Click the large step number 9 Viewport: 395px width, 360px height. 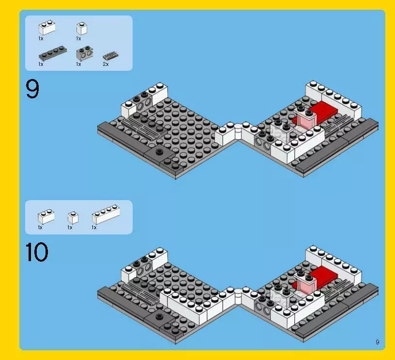pyautogui.click(x=32, y=90)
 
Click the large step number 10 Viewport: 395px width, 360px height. pyautogui.click(x=37, y=252)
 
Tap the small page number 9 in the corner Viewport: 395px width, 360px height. pyautogui.click(x=377, y=342)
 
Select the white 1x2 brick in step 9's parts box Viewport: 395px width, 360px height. pyautogui.click(x=47, y=27)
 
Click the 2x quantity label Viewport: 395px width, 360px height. pyautogui.click(x=106, y=64)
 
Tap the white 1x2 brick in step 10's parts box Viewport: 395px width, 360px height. pyautogui.click(x=46, y=215)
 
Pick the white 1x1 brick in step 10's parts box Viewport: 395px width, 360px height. pyautogui.click(x=73, y=217)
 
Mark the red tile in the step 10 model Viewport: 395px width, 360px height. pyautogui.click(x=321, y=276)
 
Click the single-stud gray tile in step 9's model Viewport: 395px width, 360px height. pyautogui.click(x=159, y=153)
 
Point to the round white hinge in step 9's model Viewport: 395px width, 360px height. pyautogui.click(x=238, y=130)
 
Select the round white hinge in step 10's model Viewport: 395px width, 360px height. pyautogui.click(x=238, y=293)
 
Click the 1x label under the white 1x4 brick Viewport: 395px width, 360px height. pyautogui.click(x=94, y=227)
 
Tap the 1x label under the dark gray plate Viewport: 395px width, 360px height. pyautogui.click(x=41, y=64)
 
